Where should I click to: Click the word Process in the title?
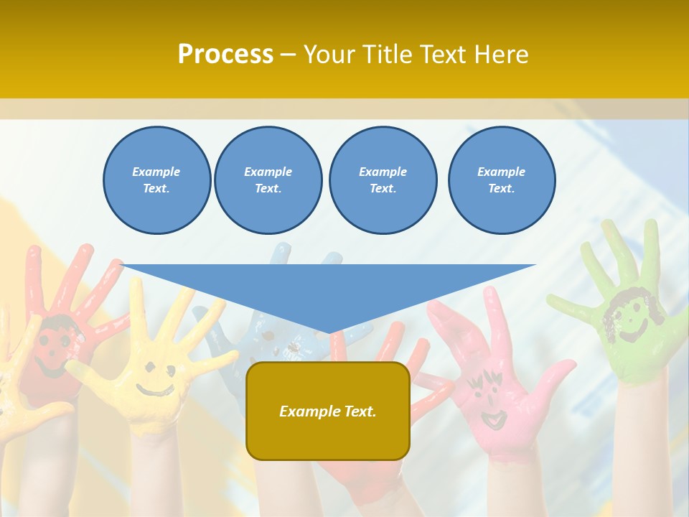225,54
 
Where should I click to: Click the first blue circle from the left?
156,180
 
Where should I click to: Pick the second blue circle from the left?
268,180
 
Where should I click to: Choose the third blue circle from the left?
383,180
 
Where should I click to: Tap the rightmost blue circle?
501,180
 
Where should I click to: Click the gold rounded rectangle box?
328,411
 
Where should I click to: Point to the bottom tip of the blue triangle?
329,332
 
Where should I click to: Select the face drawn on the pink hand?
488,399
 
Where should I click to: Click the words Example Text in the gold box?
328,411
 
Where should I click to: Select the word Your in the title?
329,54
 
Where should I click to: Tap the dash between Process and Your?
288,55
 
